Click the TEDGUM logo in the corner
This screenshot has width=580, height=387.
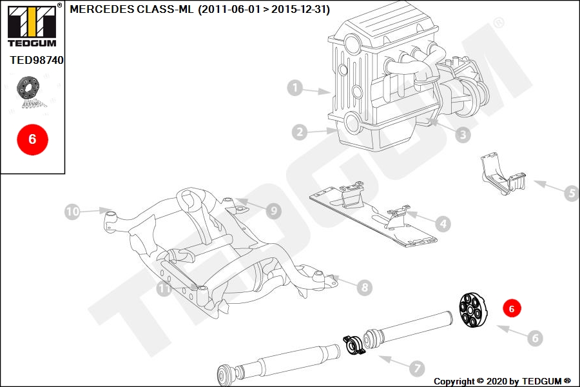pyautogui.click(x=33, y=25)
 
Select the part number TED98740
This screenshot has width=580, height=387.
pyautogui.click(x=37, y=60)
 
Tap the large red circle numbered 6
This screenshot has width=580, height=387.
pyautogui.click(x=33, y=139)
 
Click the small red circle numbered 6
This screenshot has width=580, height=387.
pyautogui.click(x=512, y=308)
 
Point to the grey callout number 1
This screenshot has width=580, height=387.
pyautogui.click(x=295, y=88)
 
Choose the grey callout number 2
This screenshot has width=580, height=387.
pyautogui.click(x=299, y=132)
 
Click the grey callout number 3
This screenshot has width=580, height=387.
pyautogui.click(x=463, y=134)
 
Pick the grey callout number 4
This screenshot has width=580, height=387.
pyautogui.click(x=443, y=224)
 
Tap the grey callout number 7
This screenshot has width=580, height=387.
pyautogui.click(x=417, y=368)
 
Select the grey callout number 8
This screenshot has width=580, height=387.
pyautogui.click(x=365, y=287)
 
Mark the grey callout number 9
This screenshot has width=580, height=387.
pyautogui.click(x=274, y=211)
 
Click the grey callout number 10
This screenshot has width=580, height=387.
pyautogui.click(x=72, y=212)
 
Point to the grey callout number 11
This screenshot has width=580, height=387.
pyautogui.click(x=164, y=288)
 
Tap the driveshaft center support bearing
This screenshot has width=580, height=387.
pyautogui.click(x=354, y=344)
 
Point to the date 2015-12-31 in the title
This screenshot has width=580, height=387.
pyautogui.click(x=300, y=9)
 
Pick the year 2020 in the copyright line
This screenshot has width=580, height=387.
pyautogui.click(x=496, y=381)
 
